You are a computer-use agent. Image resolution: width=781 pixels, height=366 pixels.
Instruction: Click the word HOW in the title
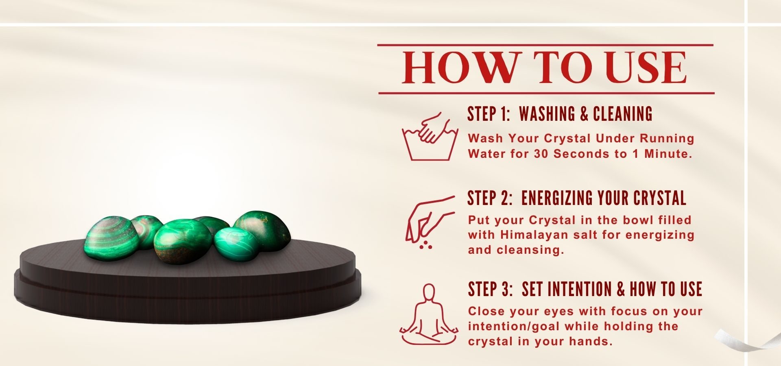pos(462,68)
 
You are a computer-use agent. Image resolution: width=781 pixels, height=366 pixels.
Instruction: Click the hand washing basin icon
pos(430,136)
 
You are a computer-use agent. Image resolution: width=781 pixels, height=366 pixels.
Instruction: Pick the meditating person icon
pos(429,315)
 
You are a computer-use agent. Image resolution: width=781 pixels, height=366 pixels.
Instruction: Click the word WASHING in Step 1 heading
pos(547,114)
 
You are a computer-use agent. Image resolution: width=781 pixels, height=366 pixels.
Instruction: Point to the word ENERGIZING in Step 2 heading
pos(557,198)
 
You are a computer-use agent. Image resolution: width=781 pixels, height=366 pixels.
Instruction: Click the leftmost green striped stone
pos(111,238)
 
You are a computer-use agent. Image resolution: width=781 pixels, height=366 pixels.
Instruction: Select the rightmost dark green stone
pos(262,230)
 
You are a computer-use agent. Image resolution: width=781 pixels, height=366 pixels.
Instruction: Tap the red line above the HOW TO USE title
pos(545,45)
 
